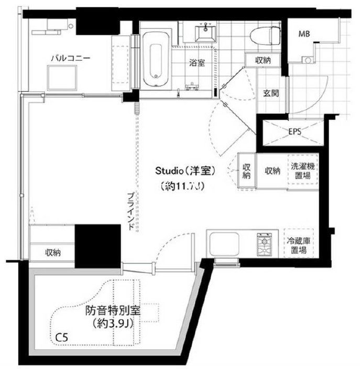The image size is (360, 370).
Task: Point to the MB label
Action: (x=304, y=35)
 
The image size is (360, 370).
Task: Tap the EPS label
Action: (x=294, y=132)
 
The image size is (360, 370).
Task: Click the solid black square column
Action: (x=97, y=245)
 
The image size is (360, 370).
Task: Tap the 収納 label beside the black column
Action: (x=52, y=253)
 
